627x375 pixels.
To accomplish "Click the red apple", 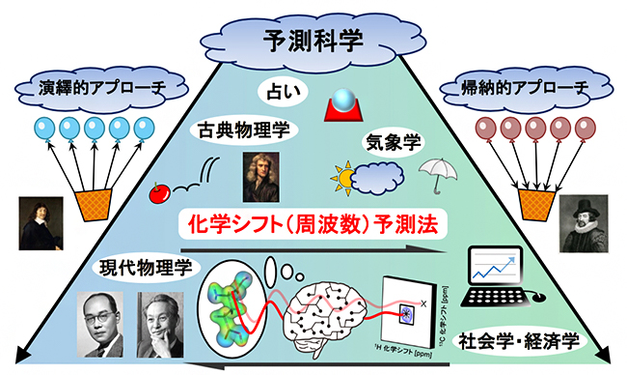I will pos(159,194).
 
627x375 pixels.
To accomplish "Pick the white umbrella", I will pos(436,176).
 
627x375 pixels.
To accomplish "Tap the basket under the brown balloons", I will pos(537,202).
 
